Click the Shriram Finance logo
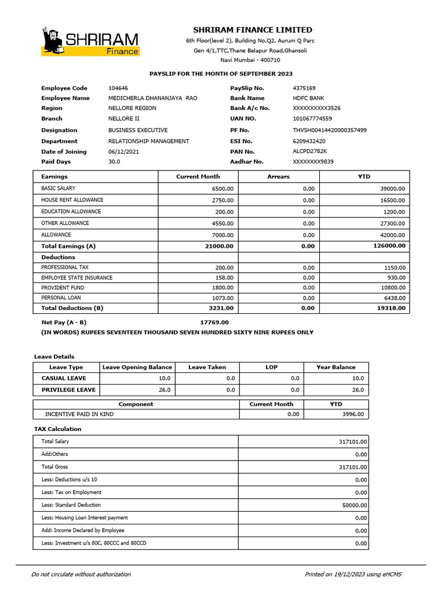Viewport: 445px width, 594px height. click(90, 41)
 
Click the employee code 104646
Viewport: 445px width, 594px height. click(118, 88)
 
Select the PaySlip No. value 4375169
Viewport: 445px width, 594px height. click(304, 88)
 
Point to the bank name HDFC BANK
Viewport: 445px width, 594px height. click(309, 98)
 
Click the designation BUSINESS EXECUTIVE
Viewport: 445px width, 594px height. click(138, 131)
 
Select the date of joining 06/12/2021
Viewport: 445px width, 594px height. click(123, 151)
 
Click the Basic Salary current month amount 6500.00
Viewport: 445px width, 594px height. click(222, 189)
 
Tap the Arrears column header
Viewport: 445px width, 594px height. click(278, 176)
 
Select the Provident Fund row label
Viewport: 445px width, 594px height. click(63, 288)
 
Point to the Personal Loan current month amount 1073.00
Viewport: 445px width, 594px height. click(222, 298)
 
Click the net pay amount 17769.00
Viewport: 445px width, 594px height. click(214, 322)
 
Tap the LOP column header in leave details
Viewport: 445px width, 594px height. click(271, 367)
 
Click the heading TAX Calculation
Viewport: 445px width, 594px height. click(57, 429)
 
